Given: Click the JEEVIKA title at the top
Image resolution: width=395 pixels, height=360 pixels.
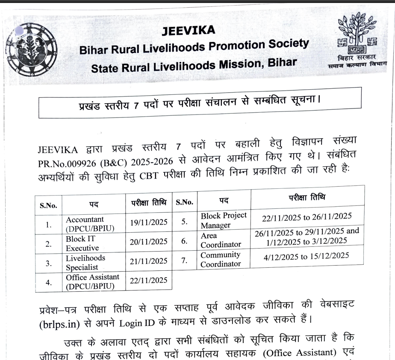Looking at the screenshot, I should (x=189, y=30).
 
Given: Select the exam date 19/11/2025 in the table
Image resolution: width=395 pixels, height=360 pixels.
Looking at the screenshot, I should (x=148, y=223).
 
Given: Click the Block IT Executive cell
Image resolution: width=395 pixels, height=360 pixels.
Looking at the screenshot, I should (x=82, y=243).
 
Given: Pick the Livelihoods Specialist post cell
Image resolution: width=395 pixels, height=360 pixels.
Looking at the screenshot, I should (x=85, y=263).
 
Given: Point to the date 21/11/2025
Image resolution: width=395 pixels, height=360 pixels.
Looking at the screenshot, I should (x=148, y=261).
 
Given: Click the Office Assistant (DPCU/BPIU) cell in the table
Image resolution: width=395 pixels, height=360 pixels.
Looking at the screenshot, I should (x=92, y=282).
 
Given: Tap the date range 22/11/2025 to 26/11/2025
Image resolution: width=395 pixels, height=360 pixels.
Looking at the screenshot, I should (x=307, y=217).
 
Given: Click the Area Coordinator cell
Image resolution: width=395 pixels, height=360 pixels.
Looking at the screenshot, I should (x=221, y=240).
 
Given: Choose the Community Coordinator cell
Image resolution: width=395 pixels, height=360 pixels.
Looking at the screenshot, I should (x=221, y=259).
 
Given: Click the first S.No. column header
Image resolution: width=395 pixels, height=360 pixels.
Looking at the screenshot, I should (x=48, y=205).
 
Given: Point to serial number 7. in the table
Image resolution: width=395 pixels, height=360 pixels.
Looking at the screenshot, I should (x=185, y=260).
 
